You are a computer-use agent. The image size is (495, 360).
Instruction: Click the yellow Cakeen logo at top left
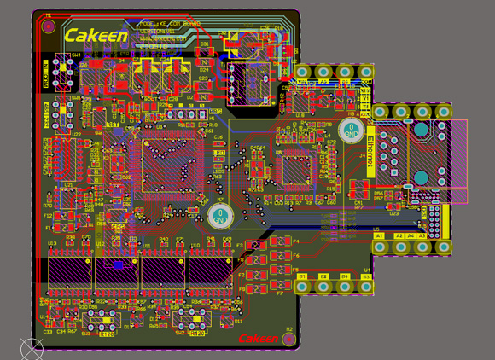[96, 36]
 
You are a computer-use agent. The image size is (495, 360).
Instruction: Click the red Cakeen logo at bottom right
[259, 339]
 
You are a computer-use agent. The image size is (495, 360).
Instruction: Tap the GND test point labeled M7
[219, 216]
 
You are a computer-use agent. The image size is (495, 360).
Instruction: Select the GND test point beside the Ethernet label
[351, 131]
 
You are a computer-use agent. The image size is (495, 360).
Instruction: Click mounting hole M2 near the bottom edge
[289, 339]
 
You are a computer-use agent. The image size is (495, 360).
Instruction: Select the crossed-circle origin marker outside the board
[32, 348]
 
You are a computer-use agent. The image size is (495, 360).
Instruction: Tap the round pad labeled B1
[303, 287]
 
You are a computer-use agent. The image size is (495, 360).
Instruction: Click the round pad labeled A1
[381, 247]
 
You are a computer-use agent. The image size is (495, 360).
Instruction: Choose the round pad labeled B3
[345, 287]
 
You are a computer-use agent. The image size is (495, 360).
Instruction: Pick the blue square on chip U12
[118, 265]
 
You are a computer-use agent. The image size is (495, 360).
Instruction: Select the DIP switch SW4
[60, 71]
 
